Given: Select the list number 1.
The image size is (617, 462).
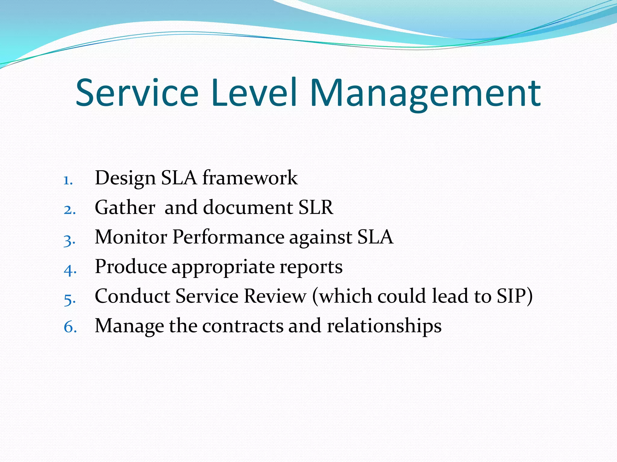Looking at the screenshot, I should click(x=68, y=180).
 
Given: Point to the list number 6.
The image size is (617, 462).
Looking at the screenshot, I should click(x=70, y=327).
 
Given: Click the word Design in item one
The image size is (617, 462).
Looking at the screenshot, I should click(x=125, y=178).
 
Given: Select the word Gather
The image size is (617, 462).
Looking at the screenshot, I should click(x=125, y=208).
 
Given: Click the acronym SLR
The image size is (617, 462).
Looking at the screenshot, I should click(x=316, y=208).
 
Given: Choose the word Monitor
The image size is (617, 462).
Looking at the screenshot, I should click(x=131, y=237).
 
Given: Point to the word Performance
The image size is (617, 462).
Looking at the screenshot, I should click(x=228, y=237).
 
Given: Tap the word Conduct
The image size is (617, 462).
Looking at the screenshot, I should click(x=133, y=296).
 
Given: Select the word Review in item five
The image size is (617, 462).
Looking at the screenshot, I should click(x=275, y=296).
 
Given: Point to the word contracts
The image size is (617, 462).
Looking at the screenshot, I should click(x=243, y=326).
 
